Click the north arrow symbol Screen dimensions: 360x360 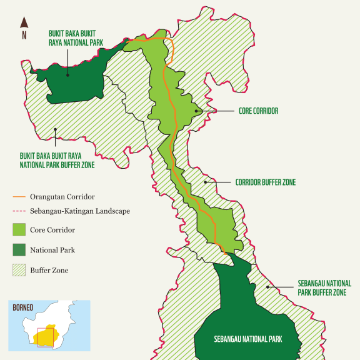pyautogui.click(x=24, y=22)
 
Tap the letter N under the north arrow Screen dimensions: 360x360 pyautogui.click(x=24, y=36)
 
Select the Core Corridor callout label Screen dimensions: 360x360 pyautogui.click(x=258, y=111)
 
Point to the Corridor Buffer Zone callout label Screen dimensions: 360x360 pyautogui.click(x=265, y=182)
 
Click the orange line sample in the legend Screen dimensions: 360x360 pyautogui.click(x=18, y=197)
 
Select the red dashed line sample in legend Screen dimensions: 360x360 pyautogui.click(x=18, y=212)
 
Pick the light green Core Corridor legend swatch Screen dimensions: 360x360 pyautogui.click(x=18, y=229)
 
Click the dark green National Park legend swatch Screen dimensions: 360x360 pyautogui.click(x=18, y=250)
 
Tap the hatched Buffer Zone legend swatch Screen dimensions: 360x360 pyautogui.click(x=18, y=271)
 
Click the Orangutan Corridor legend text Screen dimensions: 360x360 pyautogui.click(x=62, y=197)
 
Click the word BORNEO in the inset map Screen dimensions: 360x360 pyautogui.click(x=22, y=307)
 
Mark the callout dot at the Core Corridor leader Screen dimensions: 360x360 pyautogui.click(x=197, y=111)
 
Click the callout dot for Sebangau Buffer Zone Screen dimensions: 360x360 pyautogui.click(x=269, y=287)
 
